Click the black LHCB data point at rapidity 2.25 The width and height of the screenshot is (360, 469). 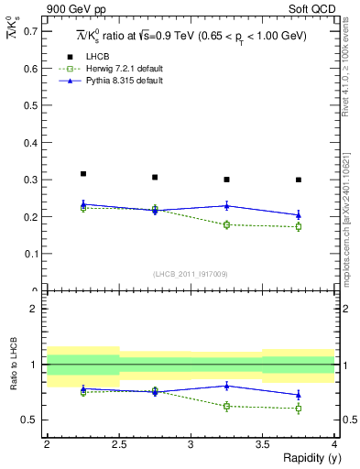pos(82,173)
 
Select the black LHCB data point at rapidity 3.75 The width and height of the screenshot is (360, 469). pos(299,180)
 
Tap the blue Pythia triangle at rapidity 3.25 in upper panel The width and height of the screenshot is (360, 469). pos(226,205)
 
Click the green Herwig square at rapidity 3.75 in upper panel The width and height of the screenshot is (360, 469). pos(299,226)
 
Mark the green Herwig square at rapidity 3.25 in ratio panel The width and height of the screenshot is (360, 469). pos(226,406)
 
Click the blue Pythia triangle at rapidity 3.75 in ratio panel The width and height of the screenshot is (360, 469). pos(299,395)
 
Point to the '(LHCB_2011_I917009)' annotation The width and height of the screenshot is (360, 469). pos(190,273)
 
